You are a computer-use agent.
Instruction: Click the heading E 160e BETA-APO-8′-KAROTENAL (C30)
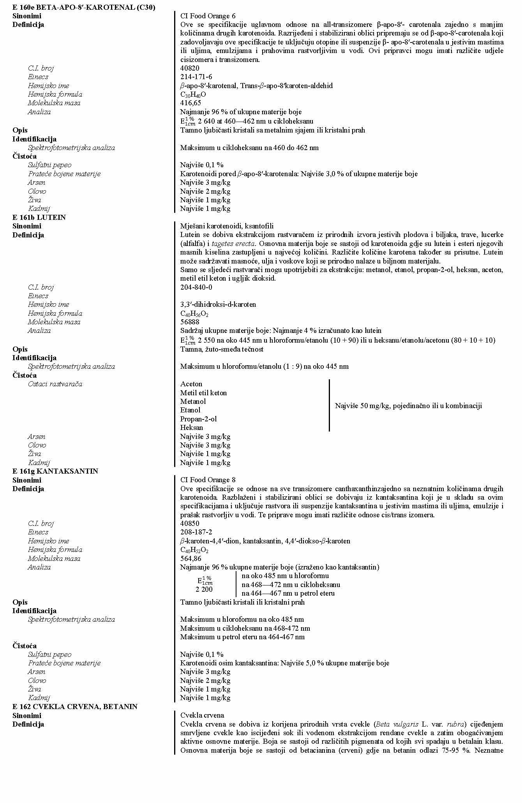pyautogui.click(x=84, y=7)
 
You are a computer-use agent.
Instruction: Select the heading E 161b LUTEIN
pyautogui.click(x=39, y=217)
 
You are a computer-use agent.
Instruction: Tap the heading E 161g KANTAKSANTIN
pyautogui.click(x=55, y=471)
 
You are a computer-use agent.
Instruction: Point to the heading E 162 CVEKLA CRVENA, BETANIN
pyautogui.click(x=75, y=706)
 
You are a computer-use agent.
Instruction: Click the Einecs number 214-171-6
pyautogui.click(x=196, y=77)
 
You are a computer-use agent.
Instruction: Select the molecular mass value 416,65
pyautogui.click(x=190, y=103)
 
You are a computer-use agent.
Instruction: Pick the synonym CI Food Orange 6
pyautogui.click(x=208, y=16)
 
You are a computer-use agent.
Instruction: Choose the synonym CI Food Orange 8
pyautogui.click(x=208, y=480)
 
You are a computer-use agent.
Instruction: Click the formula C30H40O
pyautogui.click(x=193, y=94)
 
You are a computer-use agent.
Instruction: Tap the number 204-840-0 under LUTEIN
pyautogui.click(x=196, y=287)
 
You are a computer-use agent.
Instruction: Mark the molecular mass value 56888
pyautogui.click(x=190, y=322)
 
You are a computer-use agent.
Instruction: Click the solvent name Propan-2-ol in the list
pyautogui.click(x=198, y=419)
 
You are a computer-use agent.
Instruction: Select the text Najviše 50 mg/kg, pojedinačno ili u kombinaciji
pyautogui.click(x=408, y=406)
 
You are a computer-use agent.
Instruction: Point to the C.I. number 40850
pyautogui.click(x=190, y=524)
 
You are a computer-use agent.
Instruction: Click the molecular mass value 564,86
pyautogui.click(x=190, y=559)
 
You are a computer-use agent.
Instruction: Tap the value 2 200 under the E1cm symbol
pyautogui.click(x=204, y=589)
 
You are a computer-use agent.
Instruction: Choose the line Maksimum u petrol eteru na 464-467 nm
pyautogui.click(x=242, y=637)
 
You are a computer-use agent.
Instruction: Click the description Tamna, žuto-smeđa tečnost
pyautogui.click(x=222, y=349)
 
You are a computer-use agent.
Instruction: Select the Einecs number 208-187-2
pyautogui.click(x=196, y=532)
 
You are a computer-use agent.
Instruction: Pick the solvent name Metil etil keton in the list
pyautogui.click(x=203, y=393)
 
